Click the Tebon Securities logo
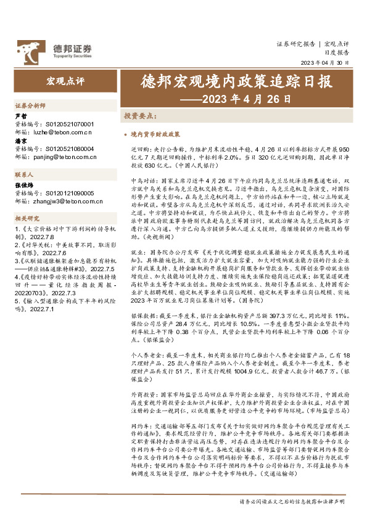click(x=54, y=48)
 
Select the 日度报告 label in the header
click(x=337, y=54)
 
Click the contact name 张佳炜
click(x=23, y=184)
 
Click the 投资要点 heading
click(x=139, y=116)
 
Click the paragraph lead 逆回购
click(x=139, y=150)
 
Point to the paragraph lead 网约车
click(x=139, y=426)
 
